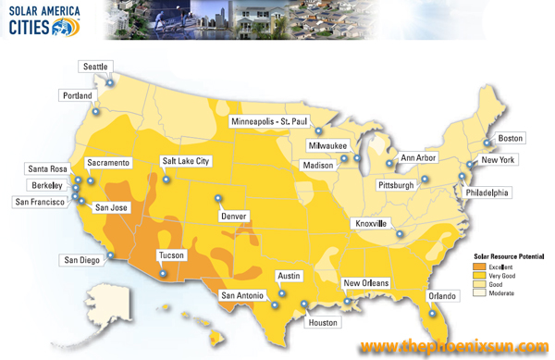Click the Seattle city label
click(95, 67)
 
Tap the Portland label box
click(78, 95)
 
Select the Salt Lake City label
click(186, 161)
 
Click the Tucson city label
click(172, 254)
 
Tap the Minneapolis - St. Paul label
click(274, 121)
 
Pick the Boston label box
click(511, 139)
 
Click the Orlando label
click(442, 296)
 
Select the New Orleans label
click(366, 283)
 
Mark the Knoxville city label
click(373, 224)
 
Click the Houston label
click(324, 322)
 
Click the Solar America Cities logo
click(43, 19)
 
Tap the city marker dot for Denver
click(218, 197)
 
